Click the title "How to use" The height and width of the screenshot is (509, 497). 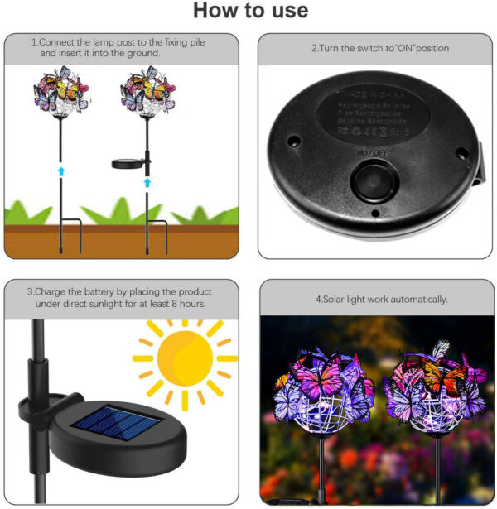(x=249, y=12)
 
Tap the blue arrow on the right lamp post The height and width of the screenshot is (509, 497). (x=147, y=180)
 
